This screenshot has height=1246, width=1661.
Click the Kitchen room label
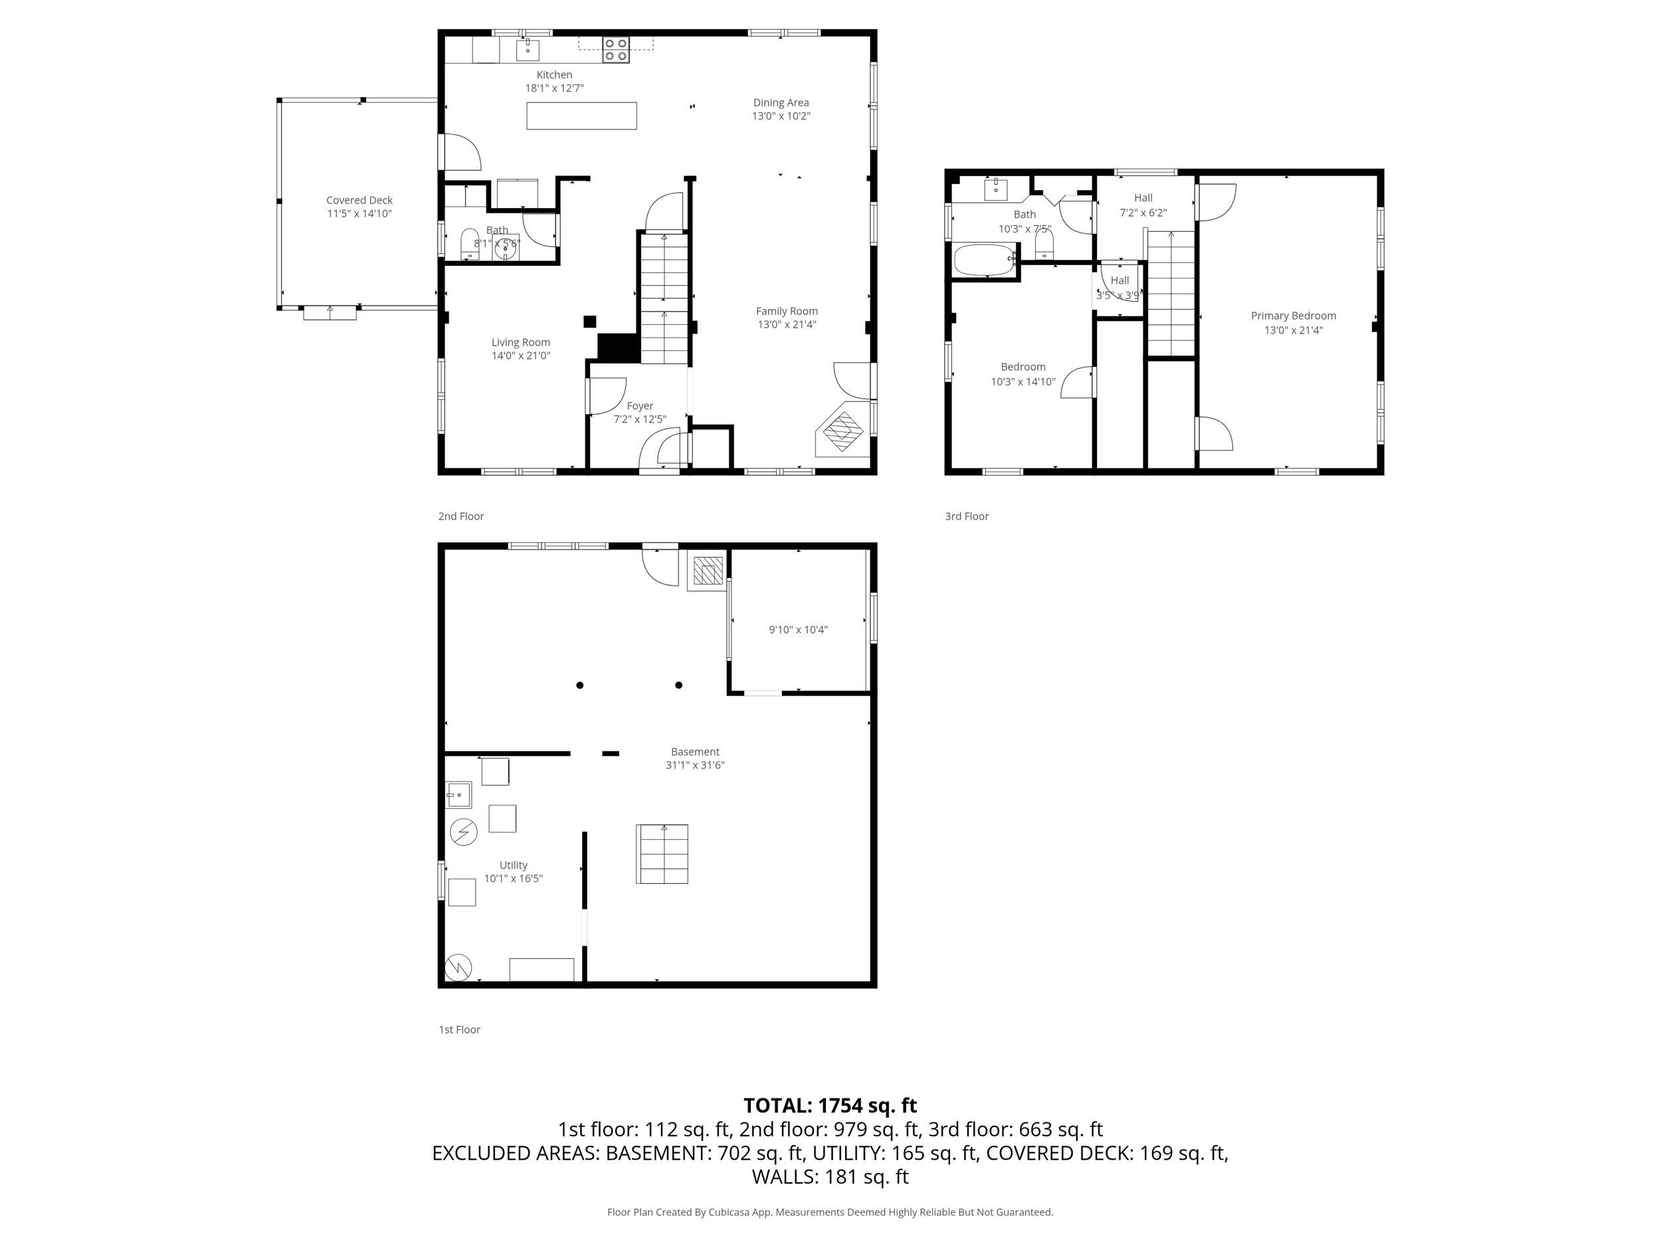coord(554,75)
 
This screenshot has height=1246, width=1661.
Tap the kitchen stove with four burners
coord(615,50)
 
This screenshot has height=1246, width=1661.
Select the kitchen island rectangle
coord(581,116)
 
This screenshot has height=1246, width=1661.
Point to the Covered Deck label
coord(359,201)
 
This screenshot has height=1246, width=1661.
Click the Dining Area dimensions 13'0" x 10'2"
coord(781,116)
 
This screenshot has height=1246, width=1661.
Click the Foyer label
coord(640,406)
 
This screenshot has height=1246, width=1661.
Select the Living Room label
coord(520,342)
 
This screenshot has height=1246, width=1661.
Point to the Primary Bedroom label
coord(1293,316)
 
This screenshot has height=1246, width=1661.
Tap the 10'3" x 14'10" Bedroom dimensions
coord(1023,381)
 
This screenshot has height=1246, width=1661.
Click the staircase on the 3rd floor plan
coord(1171,293)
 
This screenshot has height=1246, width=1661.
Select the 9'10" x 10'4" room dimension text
coord(797,630)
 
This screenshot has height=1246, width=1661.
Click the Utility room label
coord(513,865)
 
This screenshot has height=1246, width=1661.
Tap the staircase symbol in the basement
coord(662,854)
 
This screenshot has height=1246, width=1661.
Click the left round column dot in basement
coord(580,685)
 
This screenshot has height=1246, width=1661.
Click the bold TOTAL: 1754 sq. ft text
coord(830,1106)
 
